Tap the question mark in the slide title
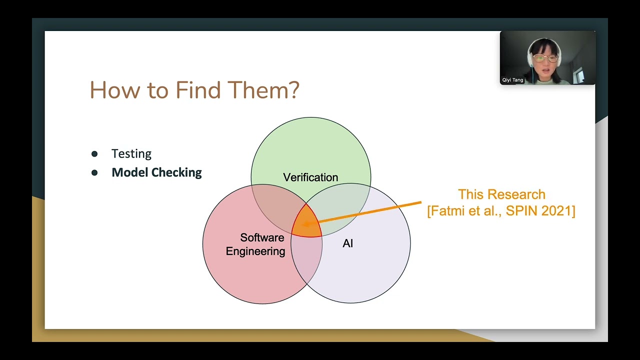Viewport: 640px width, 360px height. click(x=294, y=90)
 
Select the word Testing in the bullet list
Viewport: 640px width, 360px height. click(x=131, y=154)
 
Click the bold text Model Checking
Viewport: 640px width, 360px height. click(x=156, y=172)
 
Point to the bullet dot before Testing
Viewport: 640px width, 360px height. click(x=94, y=154)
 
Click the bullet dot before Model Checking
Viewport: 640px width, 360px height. click(x=94, y=173)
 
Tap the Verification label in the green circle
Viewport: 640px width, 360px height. click(x=310, y=177)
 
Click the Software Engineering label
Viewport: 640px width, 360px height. click(x=255, y=244)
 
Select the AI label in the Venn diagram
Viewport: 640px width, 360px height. click(x=348, y=244)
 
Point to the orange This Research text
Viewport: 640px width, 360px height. click(x=501, y=194)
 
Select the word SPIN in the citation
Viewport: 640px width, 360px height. click(x=521, y=211)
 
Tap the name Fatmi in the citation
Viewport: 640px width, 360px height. click(x=448, y=211)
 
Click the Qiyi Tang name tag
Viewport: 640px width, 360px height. click(x=513, y=80)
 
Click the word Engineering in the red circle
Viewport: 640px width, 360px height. click(x=255, y=251)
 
